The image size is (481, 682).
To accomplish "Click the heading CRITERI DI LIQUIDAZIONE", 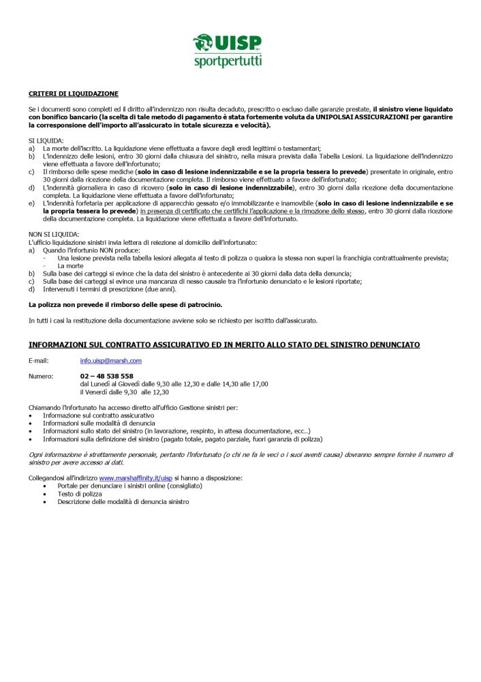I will point(74,93).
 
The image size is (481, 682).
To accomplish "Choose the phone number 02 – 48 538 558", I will point(107,376).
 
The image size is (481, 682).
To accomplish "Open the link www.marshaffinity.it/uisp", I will point(136,478).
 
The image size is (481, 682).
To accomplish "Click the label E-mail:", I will point(39,360).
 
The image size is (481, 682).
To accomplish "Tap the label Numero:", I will point(41,376).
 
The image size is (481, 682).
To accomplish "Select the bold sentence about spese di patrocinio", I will point(125,304).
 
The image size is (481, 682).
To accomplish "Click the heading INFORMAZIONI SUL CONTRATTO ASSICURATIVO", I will point(224,344).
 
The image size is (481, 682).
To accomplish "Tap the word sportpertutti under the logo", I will point(228,61).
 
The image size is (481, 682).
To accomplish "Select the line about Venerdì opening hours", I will point(124,392).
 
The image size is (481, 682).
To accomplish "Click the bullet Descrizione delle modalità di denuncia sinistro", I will point(123,502).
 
